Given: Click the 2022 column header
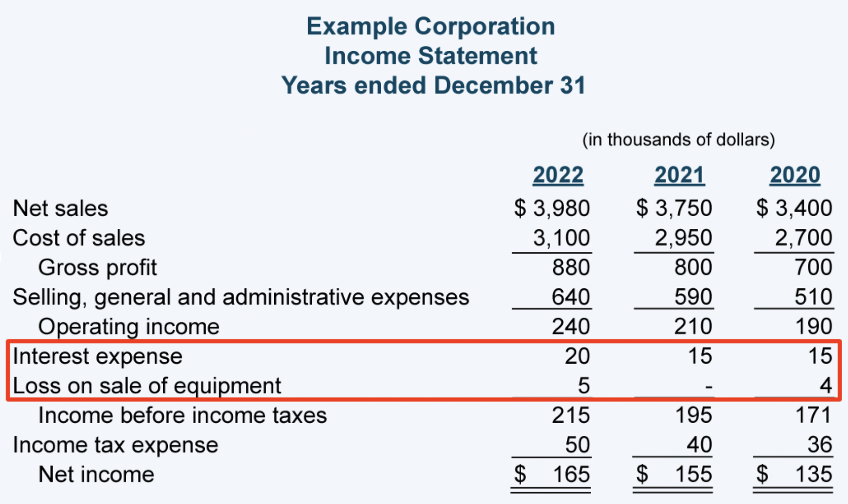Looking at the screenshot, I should point(558,175).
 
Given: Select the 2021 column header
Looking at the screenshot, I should point(679,175).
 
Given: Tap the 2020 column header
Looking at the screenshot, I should point(795,175).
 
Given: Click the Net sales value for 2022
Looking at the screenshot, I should point(552,208).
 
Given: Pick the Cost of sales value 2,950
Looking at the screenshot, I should point(683,238).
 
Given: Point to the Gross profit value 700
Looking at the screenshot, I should point(813,267).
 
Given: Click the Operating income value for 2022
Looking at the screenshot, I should point(571,327).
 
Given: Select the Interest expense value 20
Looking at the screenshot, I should point(577,356).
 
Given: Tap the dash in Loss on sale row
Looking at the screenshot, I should point(708,387).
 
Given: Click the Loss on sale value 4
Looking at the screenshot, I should point(825,386).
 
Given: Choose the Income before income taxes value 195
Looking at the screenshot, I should point(693,415).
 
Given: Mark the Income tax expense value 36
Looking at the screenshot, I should point(819,445).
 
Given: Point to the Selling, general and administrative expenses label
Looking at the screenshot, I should point(241,297).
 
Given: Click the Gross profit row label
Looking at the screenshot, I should point(97,268).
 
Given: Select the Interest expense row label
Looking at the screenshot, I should point(97,356).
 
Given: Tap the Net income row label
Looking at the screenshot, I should point(96,475).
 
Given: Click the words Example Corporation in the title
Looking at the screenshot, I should point(430,26).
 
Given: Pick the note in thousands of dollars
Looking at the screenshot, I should point(678,140).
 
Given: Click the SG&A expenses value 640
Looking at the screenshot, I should point(571,297).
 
